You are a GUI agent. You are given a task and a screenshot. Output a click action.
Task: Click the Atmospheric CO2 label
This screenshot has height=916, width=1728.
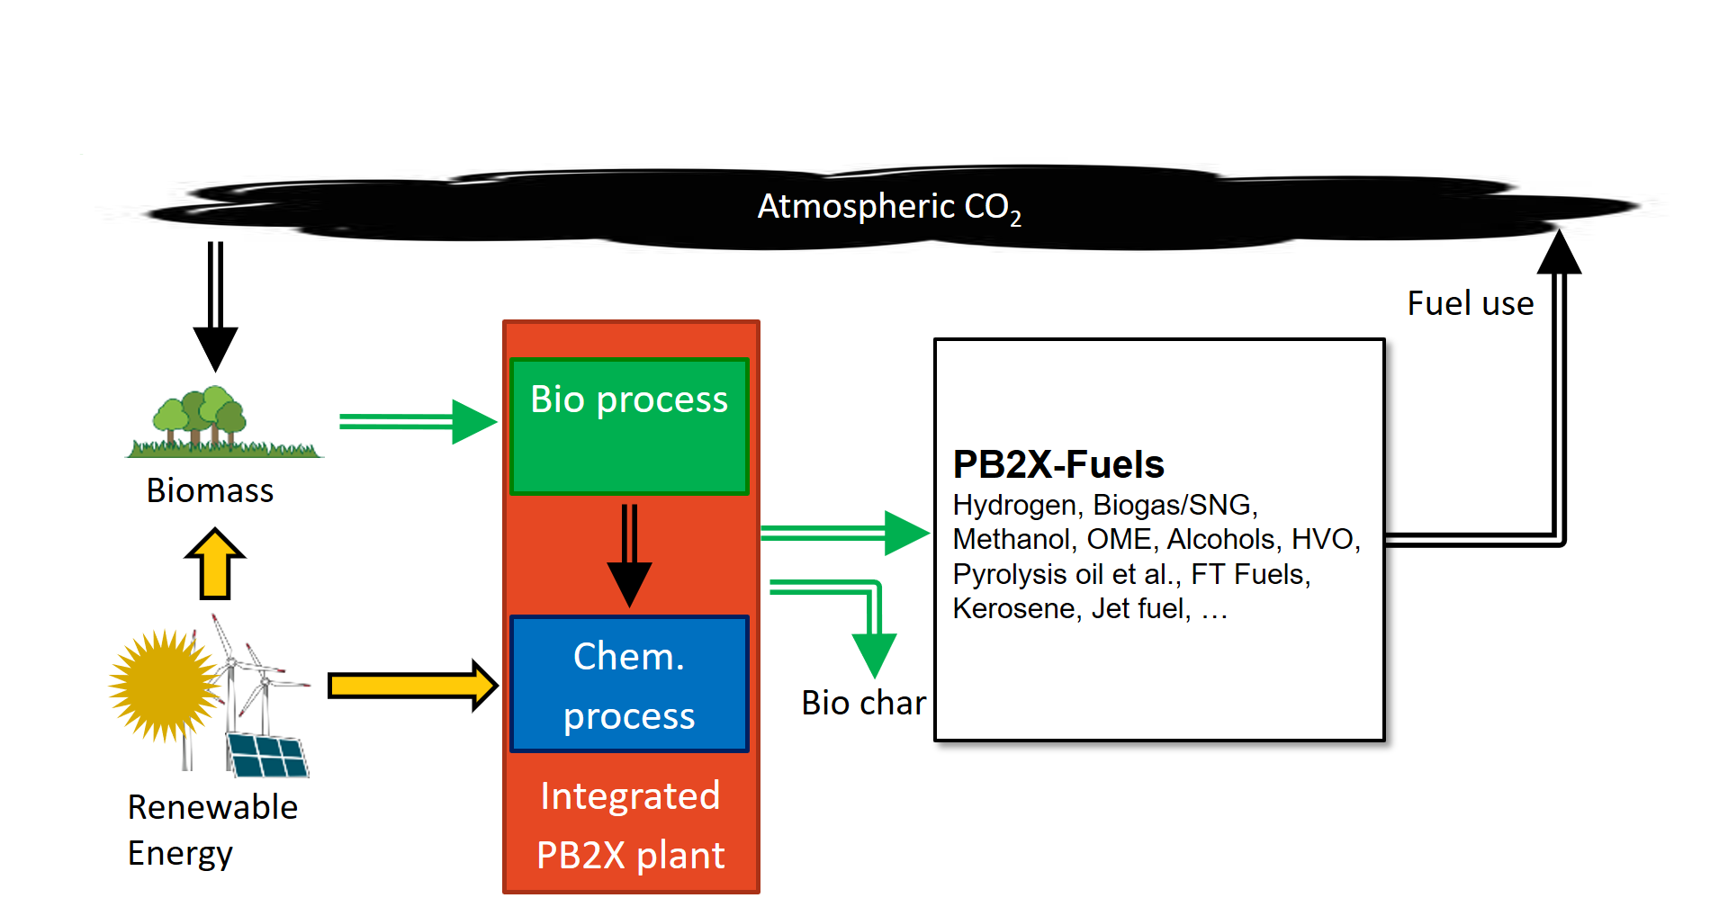click(x=889, y=208)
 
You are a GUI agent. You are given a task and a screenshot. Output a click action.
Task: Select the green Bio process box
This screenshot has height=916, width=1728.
click(x=629, y=427)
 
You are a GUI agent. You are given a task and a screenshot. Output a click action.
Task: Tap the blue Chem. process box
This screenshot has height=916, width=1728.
click(x=629, y=684)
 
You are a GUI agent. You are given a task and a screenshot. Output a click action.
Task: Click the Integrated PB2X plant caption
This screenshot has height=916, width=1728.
click(x=630, y=825)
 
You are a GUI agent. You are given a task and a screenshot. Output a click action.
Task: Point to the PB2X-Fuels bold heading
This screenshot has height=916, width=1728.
click(x=1058, y=464)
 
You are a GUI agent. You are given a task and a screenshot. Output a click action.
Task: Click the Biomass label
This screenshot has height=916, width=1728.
click(x=210, y=490)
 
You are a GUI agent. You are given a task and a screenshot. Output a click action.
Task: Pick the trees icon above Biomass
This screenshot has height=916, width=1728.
click(x=223, y=421)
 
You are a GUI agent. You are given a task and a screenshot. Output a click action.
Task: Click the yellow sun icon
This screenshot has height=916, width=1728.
click(x=164, y=686)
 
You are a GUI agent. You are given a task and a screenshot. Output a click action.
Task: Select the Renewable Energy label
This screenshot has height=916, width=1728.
click(x=212, y=830)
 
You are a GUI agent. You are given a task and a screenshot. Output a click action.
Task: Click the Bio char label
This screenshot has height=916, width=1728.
click(x=863, y=703)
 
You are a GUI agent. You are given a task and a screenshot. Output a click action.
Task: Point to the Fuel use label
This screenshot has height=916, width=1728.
click(x=1471, y=303)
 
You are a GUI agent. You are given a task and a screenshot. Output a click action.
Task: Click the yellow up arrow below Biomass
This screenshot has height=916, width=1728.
click(x=215, y=564)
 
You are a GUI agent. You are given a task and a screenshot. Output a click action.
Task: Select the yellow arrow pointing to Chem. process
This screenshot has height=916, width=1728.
click(x=413, y=686)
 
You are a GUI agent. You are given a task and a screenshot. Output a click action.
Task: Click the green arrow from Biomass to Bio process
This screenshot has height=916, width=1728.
click(x=418, y=422)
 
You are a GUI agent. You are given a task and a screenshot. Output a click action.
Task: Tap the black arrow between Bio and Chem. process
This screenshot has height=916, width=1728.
click(x=629, y=556)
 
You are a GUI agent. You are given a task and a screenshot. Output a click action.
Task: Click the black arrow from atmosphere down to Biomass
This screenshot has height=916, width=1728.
click(x=215, y=306)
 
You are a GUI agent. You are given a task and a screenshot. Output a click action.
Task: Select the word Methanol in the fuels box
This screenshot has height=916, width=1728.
click(x=1012, y=539)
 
